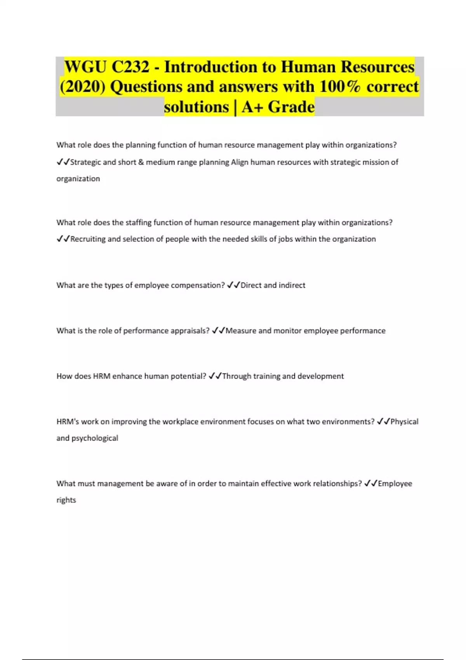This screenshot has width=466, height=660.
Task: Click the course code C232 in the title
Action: pyautogui.click(x=130, y=67)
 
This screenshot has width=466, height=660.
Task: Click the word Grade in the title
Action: pyautogui.click(x=291, y=107)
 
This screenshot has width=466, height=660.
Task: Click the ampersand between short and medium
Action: pyautogui.click(x=141, y=162)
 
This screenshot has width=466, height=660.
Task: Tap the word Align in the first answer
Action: pyautogui.click(x=240, y=162)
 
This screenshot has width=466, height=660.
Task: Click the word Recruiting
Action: pyautogui.click(x=88, y=239)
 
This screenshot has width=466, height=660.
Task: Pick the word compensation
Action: pyautogui.click(x=198, y=285)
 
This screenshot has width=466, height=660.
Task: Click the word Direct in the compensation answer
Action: pyautogui.click(x=251, y=285)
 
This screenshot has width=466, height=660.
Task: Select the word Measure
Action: pyautogui.click(x=241, y=331)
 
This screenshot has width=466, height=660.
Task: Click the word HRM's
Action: pyautogui.click(x=68, y=422)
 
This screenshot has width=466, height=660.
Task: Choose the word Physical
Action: pyautogui.click(x=404, y=422)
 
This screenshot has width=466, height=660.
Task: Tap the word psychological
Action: pyautogui.click(x=95, y=438)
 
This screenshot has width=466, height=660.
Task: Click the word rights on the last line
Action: pyautogui.click(x=66, y=500)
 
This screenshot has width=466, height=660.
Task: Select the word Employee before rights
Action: pyautogui.click(x=395, y=484)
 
